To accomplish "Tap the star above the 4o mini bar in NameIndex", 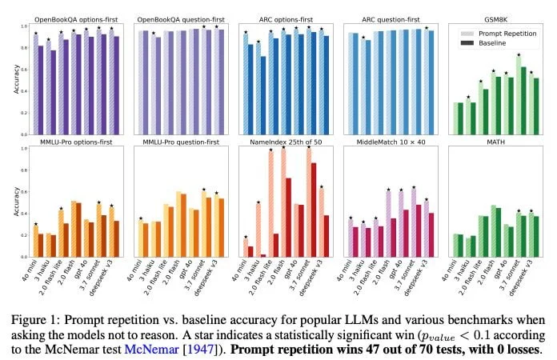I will click(x=246, y=236).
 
